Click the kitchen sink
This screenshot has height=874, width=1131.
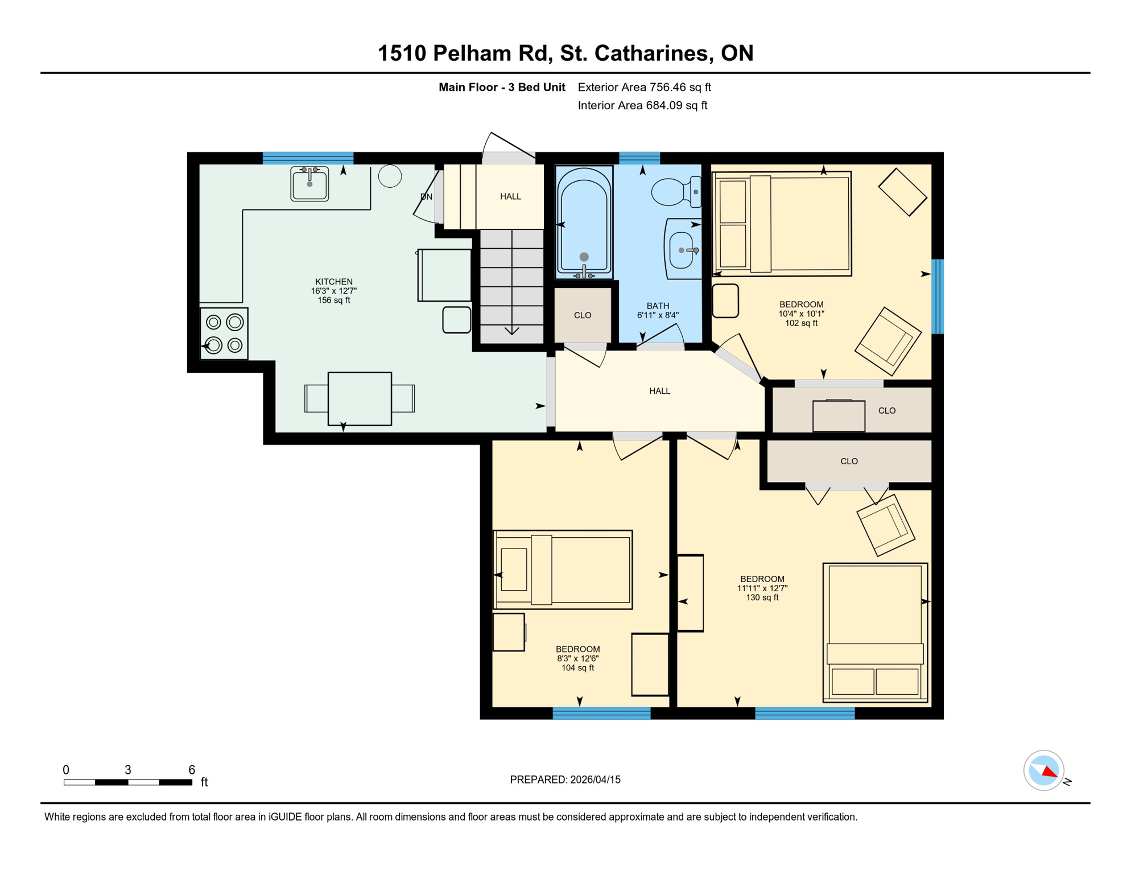pyautogui.click(x=309, y=183)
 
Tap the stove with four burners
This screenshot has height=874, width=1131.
pyautogui.click(x=224, y=333)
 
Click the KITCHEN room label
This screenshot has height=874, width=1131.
pyautogui.click(x=334, y=282)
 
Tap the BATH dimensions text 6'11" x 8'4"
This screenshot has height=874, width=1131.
pyautogui.click(x=658, y=315)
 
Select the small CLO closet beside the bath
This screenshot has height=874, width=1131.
pyautogui.click(x=583, y=315)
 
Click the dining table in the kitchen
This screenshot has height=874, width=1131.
pyautogui.click(x=360, y=398)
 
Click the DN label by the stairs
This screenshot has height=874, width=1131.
pyautogui.click(x=426, y=197)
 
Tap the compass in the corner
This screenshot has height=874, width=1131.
pyautogui.click(x=1043, y=770)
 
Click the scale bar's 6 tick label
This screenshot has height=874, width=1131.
pyautogui.click(x=192, y=770)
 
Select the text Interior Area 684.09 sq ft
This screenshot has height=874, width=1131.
pyautogui.click(x=642, y=105)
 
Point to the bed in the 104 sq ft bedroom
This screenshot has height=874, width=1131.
pyautogui.click(x=563, y=570)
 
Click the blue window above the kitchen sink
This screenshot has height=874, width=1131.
pyautogui.click(x=308, y=158)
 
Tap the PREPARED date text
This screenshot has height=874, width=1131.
pyautogui.click(x=565, y=780)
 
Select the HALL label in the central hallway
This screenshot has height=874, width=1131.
pyautogui.click(x=659, y=391)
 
